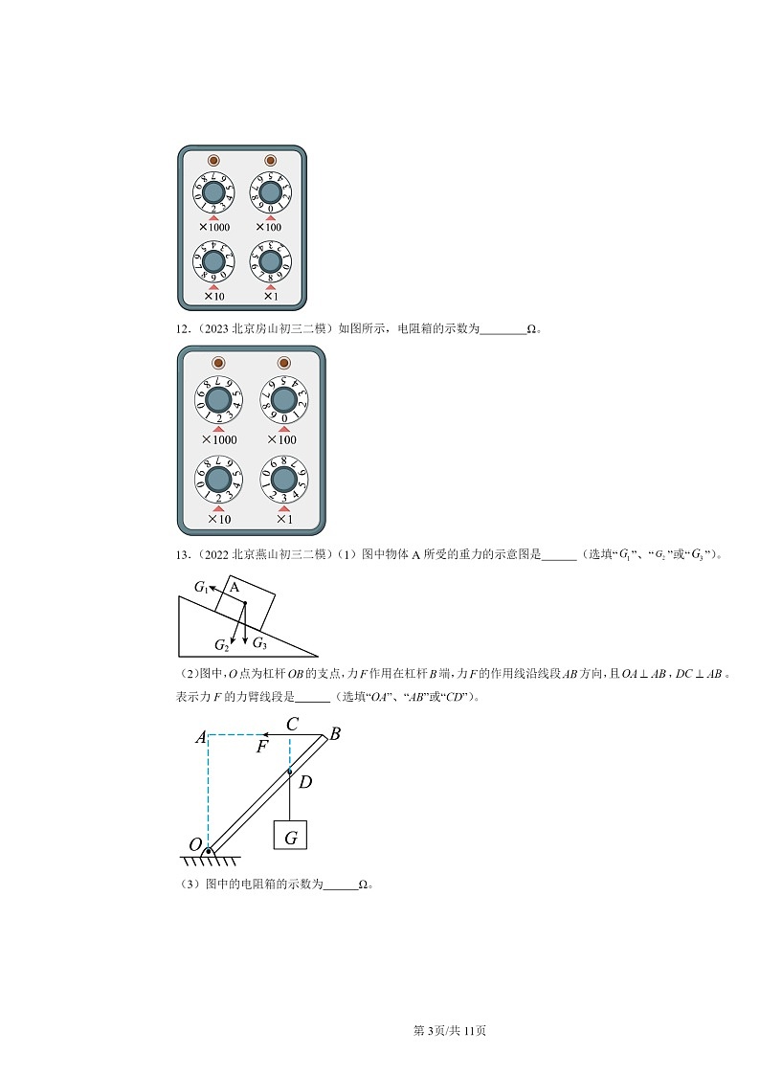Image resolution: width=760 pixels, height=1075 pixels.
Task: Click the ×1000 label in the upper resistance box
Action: tap(214, 227)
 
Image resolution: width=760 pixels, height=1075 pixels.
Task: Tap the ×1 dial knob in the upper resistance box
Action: tap(270, 261)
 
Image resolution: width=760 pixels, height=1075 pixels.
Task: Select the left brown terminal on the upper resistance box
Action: tap(214, 161)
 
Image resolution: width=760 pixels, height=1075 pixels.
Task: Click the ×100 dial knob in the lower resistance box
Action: tap(282, 400)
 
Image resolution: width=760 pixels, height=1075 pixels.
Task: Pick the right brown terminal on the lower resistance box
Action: tap(282, 363)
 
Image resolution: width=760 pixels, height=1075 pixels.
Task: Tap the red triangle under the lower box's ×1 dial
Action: tap(283, 508)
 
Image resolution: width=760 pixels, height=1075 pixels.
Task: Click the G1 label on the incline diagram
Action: tap(201, 586)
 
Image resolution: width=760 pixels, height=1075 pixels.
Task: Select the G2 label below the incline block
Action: tap(222, 644)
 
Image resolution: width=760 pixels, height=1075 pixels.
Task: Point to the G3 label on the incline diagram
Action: tap(259, 643)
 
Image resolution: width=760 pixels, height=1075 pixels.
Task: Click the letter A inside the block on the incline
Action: tap(234, 589)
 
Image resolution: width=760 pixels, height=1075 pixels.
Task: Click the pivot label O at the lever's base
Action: tap(194, 844)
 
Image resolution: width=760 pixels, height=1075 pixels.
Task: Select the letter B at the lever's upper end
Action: tap(335, 734)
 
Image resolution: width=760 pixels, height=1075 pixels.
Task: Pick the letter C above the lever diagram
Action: tap(293, 724)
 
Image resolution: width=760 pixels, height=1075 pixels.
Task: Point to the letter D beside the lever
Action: tap(305, 782)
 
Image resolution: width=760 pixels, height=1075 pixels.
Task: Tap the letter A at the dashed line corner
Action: tap(200, 737)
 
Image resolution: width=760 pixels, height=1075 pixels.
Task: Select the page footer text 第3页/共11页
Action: tap(449, 1031)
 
